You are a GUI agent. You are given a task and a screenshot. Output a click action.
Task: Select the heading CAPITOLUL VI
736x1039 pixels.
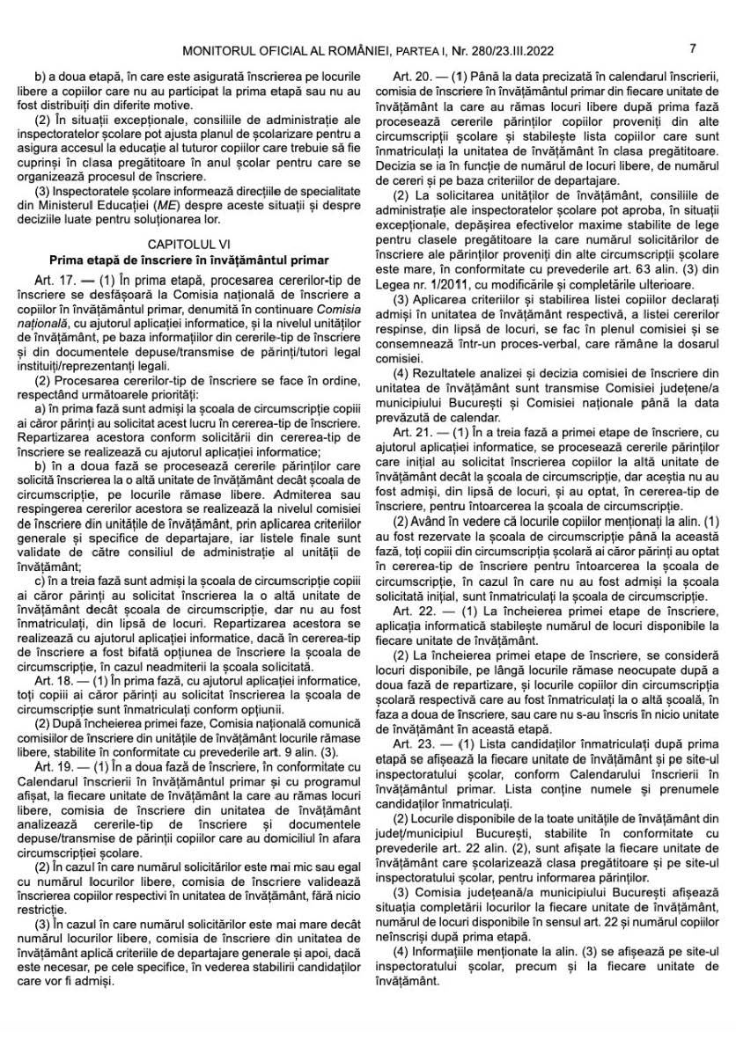pyautogui.click(x=188, y=242)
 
